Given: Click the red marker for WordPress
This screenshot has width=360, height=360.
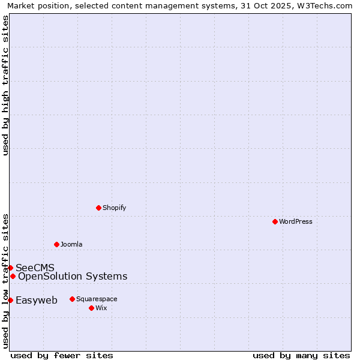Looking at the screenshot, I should coord(275,221).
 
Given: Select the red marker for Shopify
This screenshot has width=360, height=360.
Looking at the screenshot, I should coord(98,208).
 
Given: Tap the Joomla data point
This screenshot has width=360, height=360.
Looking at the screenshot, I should coord(56,244).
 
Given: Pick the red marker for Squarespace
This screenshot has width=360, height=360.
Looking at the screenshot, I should coord(72,299).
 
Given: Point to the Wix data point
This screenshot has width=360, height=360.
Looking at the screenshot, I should coord(91,308).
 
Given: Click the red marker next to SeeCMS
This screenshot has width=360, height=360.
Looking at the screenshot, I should coord(10,268).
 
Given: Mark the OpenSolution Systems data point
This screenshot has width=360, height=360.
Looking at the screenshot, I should coord(13,276).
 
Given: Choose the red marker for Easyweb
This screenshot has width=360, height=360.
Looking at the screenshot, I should coord(10,300).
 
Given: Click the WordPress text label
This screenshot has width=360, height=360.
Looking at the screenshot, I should coord(296,221).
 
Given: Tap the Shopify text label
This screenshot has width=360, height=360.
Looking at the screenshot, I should coord(115,208).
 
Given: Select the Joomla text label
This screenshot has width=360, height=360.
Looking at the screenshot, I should coord(71,244).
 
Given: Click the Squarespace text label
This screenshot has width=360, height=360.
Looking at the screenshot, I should coord(97,299).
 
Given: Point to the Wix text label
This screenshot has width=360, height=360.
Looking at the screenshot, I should coord(101,308).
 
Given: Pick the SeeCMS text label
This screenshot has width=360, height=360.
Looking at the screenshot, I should coord(35,268).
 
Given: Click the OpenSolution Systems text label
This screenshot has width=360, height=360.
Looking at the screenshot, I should coord(73,276).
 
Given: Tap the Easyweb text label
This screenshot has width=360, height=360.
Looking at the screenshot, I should coord(37,301).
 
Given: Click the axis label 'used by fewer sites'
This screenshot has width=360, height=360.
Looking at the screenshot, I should coord(62,355).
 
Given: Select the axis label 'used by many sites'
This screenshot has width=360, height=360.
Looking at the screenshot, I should coord(301,355).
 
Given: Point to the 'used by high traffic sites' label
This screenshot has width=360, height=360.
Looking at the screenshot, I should coord(6,85).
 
